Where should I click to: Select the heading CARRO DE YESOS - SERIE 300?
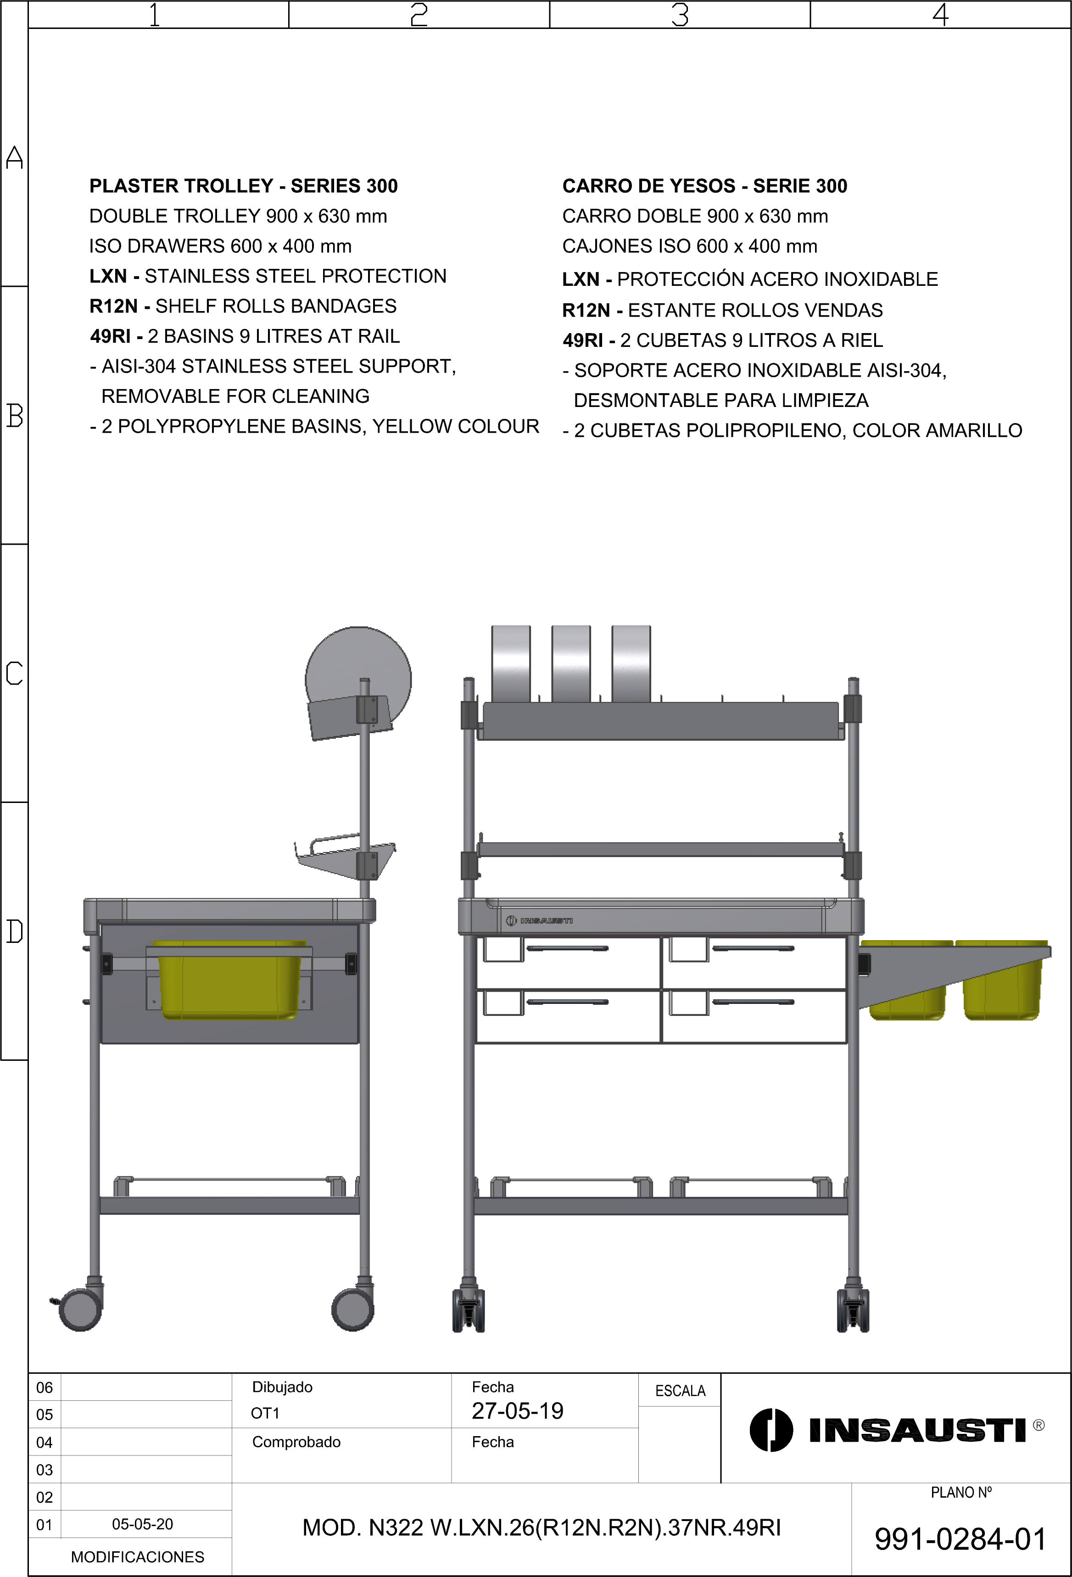704,186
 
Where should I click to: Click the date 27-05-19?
517,1411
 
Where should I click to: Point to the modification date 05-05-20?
142,1524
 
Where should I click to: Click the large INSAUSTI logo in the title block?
896,1430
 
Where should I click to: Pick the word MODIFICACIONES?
137,1557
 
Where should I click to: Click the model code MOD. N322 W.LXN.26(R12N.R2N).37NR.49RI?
542,1527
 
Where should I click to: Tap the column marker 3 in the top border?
680,14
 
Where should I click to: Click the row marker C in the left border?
14,673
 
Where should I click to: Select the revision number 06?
44,1387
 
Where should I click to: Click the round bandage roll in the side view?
358,669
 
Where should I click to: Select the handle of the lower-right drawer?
753,1002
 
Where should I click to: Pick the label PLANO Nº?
961,1492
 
